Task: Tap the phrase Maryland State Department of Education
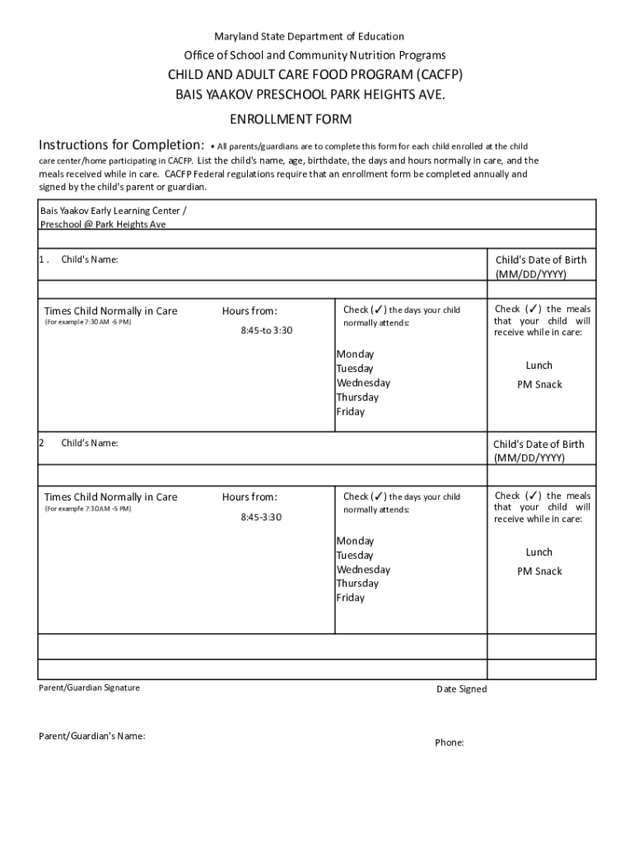(310, 36)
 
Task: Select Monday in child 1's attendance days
(355, 355)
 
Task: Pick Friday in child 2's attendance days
(350, 598)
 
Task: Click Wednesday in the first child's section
(363, 383)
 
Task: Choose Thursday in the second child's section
(357, 584)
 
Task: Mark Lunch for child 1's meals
(539, 366)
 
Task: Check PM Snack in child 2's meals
(539, 571)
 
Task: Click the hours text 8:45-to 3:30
(267, 330)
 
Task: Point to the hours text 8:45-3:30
(261, 517)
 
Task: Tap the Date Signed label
(461, 689)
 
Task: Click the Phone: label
(450, 743)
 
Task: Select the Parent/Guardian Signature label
(90, 687)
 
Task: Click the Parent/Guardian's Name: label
(92, 736)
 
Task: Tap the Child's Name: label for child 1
(90, 260)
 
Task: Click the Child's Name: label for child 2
(90, 444)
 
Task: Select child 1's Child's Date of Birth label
(540, 261)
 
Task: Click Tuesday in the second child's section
(354, 556)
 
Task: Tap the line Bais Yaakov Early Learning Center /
(107, 211)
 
